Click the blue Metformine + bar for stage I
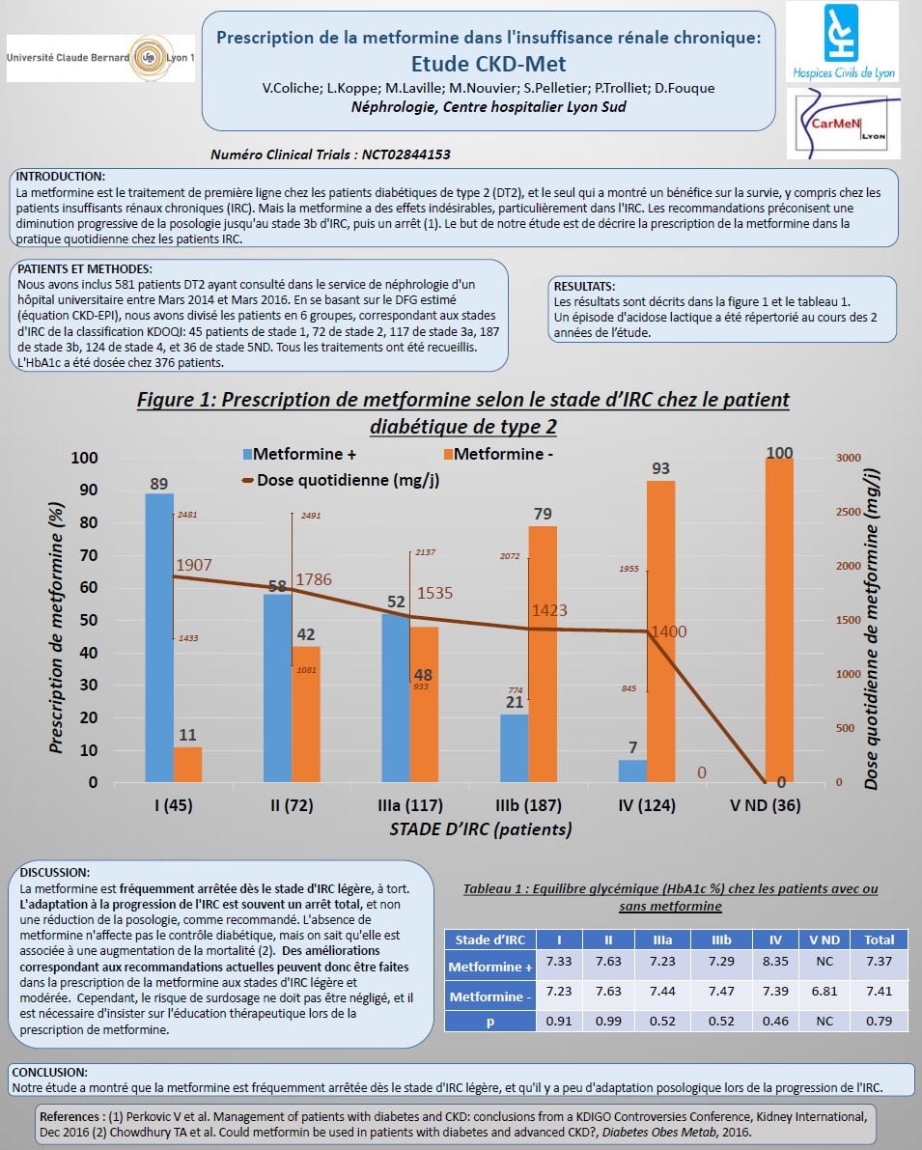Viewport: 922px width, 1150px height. click(x=159, y=637)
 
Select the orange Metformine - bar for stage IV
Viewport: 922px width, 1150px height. click(x=661, y=631)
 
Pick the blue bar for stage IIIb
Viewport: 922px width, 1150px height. click(x=515, y=748)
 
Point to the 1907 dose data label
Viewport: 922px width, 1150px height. click(x=193, y=565)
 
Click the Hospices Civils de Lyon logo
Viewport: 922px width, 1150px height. click(x=841, y=42)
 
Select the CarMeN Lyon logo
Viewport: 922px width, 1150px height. click(x=842, y=125)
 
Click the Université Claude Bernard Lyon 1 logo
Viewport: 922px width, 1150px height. click(x=100, y=58)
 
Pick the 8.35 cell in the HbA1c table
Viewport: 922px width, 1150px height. click(x=775, y=962)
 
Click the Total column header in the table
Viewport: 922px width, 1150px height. click(x=879, y=939)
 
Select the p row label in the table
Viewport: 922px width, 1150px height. click(x=489, y=1021)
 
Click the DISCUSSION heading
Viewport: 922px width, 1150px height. click(x=55, y=872)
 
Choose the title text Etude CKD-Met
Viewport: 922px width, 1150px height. click(x=489, y=65)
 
